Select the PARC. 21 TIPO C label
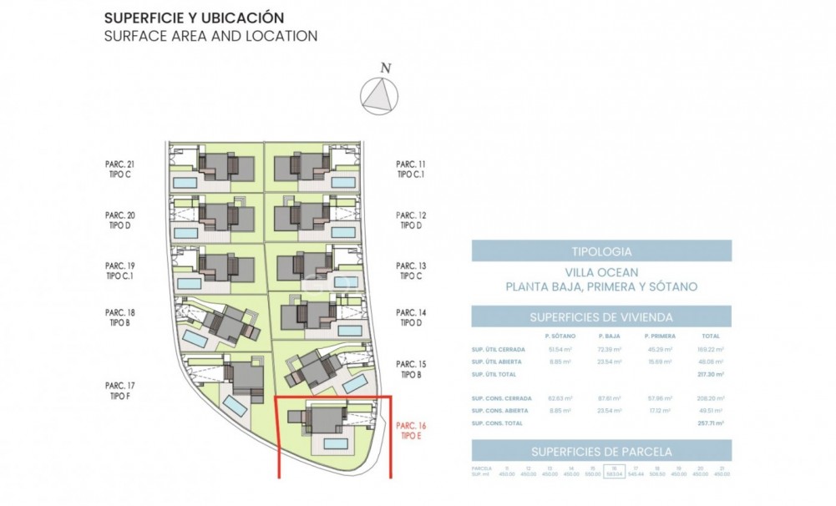120,170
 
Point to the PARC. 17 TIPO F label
120,391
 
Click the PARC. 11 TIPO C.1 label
411,170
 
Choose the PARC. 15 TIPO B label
411,370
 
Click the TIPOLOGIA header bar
601,250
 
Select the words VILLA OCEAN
601,272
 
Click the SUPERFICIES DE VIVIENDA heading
601,317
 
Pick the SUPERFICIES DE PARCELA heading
601,451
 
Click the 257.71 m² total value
711,423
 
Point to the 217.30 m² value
711,374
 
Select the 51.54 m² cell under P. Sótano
560,349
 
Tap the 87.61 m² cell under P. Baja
611,398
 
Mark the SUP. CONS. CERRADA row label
499,398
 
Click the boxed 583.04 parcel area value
615,473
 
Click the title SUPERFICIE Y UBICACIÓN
194,18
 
